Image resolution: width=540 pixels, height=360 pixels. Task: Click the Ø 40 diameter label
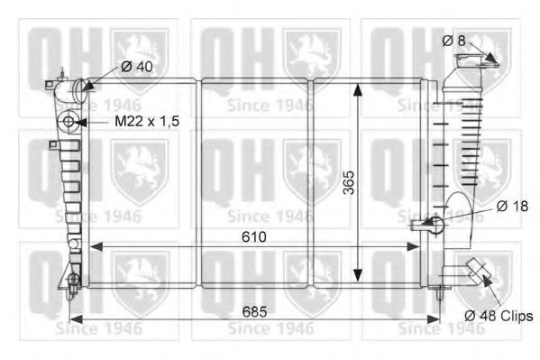pos(137,67)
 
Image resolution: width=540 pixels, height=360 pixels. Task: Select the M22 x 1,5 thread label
pos(147,122)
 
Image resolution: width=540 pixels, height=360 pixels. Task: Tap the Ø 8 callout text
pos(453,41)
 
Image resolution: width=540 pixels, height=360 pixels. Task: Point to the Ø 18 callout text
pos(512,207)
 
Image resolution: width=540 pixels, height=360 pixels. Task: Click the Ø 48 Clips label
pos(499,316)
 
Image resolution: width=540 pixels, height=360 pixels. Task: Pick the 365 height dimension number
pos(349,183)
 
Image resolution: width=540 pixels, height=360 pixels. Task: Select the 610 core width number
pos(254,237)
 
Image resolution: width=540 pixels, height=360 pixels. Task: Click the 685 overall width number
pos(254,311)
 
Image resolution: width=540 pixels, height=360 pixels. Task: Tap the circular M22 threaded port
pos(69,122)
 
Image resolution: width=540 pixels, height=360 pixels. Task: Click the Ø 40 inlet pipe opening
pos(80,90)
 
